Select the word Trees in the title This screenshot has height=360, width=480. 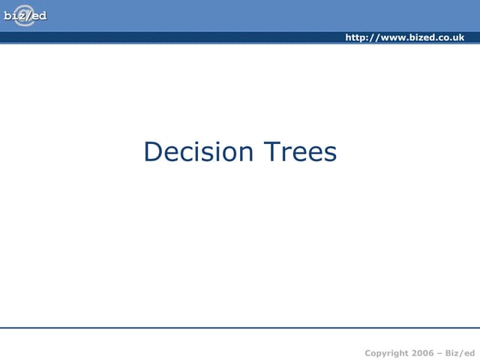(x=299, y=152)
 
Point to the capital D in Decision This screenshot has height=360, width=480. (x=152, y=152)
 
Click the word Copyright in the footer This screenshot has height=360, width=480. (x=386, y=352)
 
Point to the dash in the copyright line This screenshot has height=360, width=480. (x=442, y=352)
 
